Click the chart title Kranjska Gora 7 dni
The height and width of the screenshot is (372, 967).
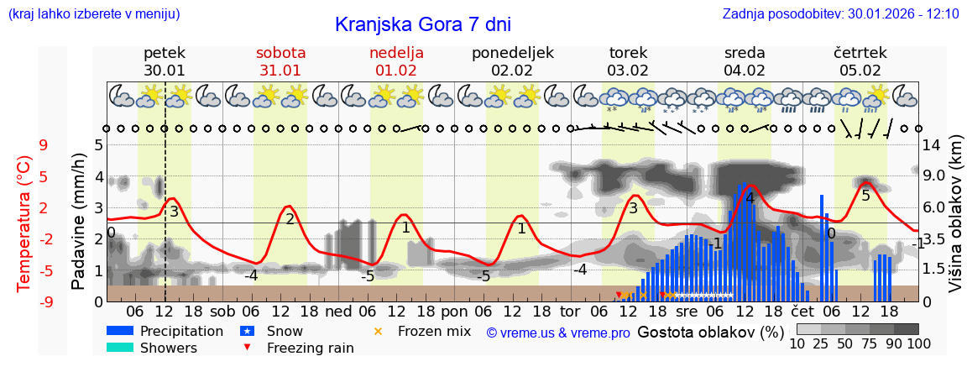coord(422,24)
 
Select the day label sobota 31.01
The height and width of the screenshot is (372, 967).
coord(280,61)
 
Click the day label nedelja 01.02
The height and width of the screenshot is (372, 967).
coord(396,61)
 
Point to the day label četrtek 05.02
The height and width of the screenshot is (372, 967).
coord(860,61)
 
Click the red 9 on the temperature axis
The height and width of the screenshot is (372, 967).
coord(43,145)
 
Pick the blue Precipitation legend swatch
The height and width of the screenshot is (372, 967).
coord(120,332)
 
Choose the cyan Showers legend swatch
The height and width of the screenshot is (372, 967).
coord(120,348)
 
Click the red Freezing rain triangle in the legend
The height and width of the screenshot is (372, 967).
coord(247,348)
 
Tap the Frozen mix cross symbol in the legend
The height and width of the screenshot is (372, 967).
coord(377,332)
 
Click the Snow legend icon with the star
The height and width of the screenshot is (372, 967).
coord(247,332)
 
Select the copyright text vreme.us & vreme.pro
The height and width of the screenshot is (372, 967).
coord(558,333)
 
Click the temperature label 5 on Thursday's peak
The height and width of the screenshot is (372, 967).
coord(865,196)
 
